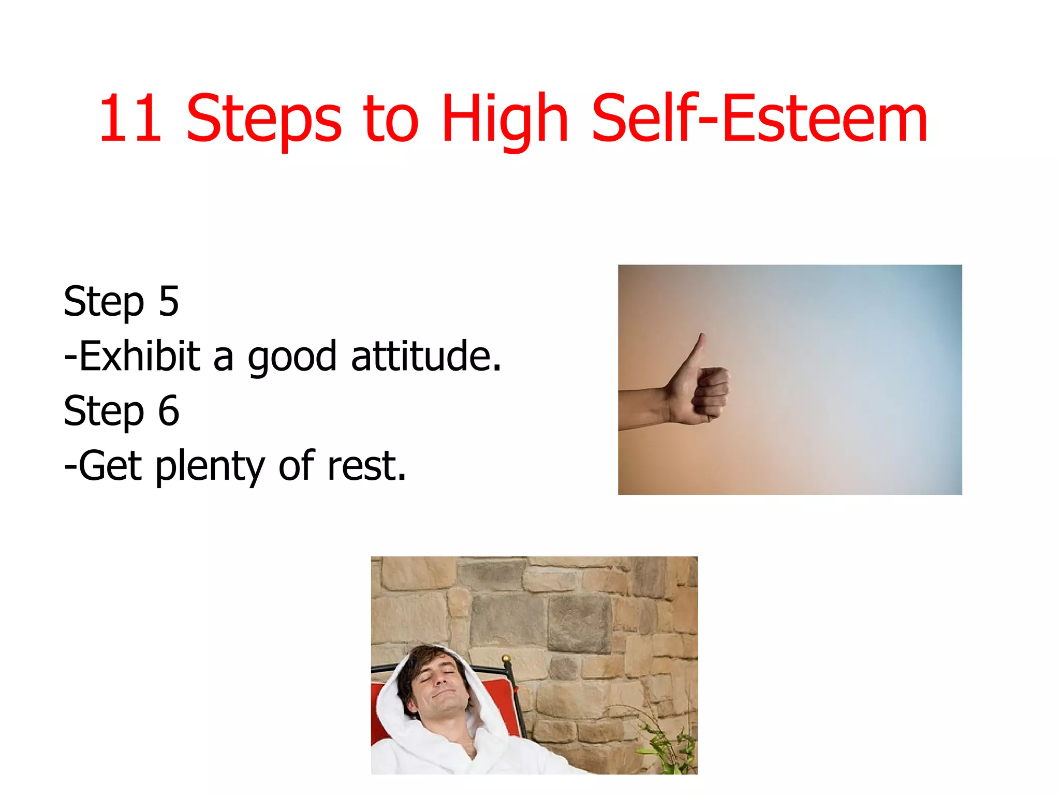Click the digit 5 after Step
click(x=169, y=301)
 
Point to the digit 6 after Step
click(x=169, y=410)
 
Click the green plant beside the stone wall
click(x=668, y=745)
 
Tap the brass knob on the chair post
click(x=506, y=658)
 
